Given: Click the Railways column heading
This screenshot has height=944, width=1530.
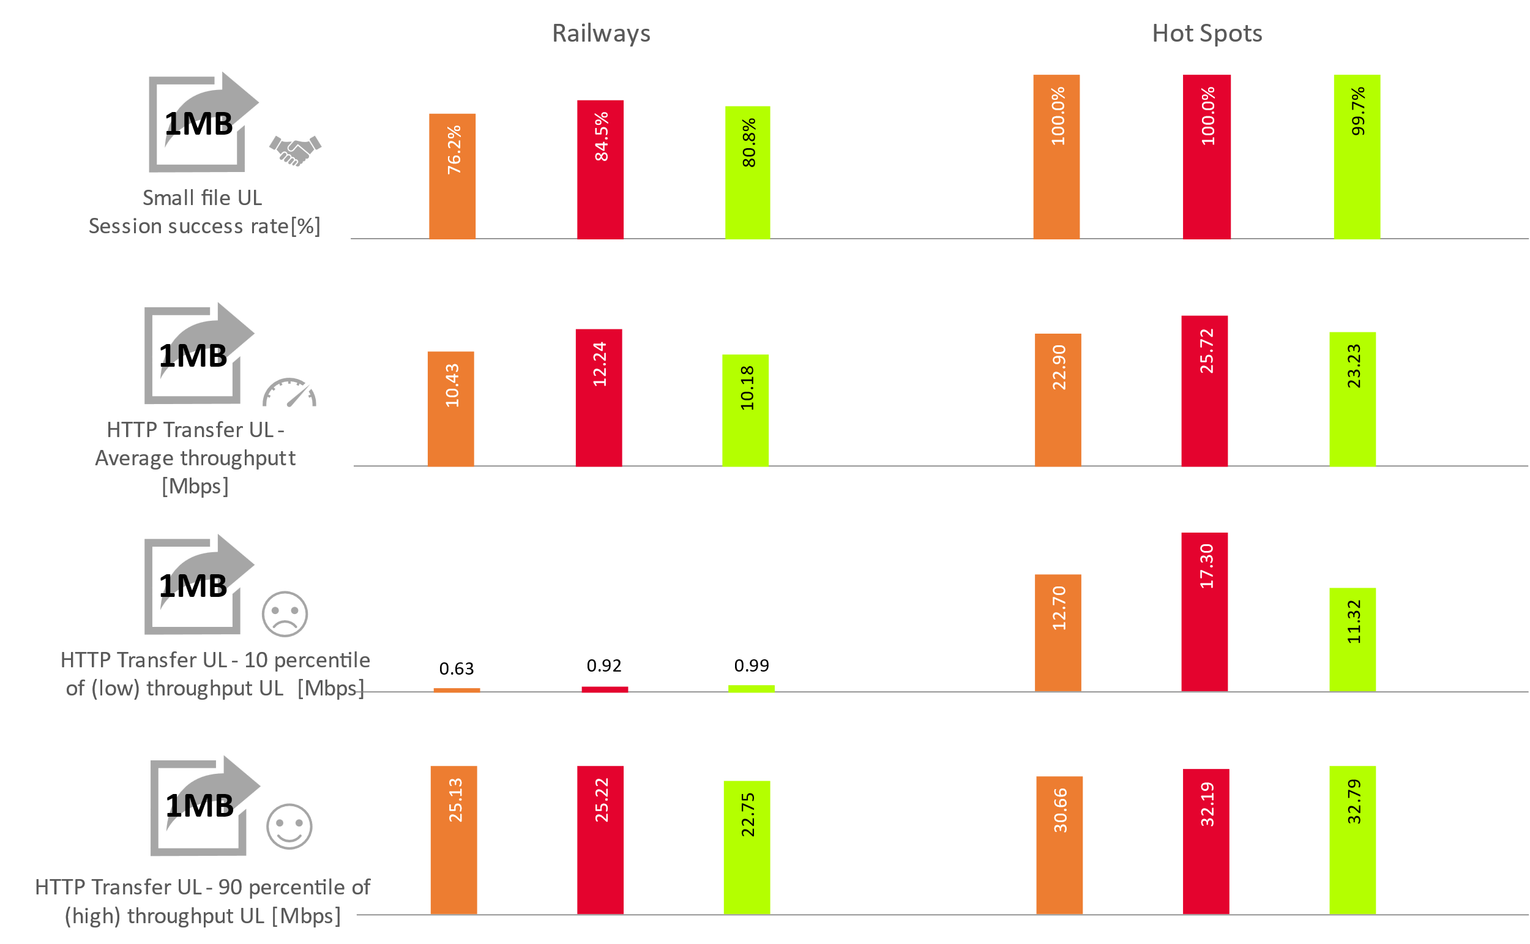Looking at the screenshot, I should tap(601, 34).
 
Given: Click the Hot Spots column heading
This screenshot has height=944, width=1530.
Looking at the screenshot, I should tap(1207, 34).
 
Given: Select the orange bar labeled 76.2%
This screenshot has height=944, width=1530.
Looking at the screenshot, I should tap(452, 176).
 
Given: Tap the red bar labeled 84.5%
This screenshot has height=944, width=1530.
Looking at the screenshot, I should tap(600, 169).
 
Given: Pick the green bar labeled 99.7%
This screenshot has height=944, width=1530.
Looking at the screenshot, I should tap(1357, 157).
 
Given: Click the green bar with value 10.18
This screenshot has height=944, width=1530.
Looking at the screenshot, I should tap(745, 410).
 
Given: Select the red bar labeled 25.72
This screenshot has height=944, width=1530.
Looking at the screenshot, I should tap(1204, 391).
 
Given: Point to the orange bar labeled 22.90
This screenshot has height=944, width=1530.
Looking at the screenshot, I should tap(1058, 400).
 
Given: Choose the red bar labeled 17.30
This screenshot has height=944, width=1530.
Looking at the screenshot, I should tap(1204, 612).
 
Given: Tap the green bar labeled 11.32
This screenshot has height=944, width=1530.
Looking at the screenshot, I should tap(1352, 639).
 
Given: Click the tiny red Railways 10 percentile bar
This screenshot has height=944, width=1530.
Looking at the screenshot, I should tap(605, 689).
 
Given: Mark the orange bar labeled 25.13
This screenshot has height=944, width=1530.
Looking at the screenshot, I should tap(453, 840).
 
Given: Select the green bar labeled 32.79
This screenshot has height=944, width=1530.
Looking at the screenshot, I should tap(1352, 840).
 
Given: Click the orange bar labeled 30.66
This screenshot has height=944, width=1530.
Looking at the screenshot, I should tap(1059, 845).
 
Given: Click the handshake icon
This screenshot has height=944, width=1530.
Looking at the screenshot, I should tap(295, 151).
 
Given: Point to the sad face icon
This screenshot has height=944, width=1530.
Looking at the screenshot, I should tap(285, 614).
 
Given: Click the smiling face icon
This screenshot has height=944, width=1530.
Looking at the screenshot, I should tap(289, 826).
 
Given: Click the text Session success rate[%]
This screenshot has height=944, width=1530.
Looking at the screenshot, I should tap(204, 226).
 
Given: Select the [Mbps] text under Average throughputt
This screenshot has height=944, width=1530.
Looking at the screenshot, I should tap(195, 486).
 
